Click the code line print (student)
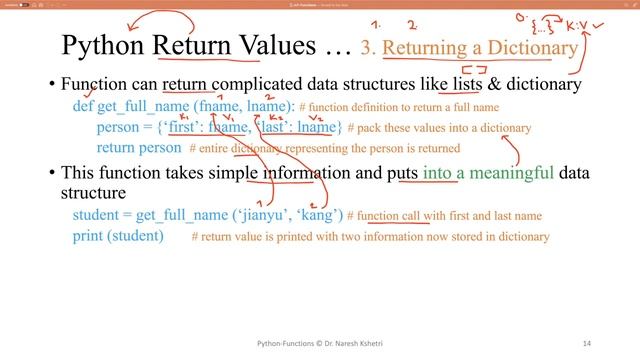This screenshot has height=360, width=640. click(x=118, y=236)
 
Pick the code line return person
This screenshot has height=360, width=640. click(x=139, y=148)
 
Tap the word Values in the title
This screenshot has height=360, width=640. click(x=276, y=45)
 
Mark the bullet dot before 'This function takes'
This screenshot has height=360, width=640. click(x=52, y=172)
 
